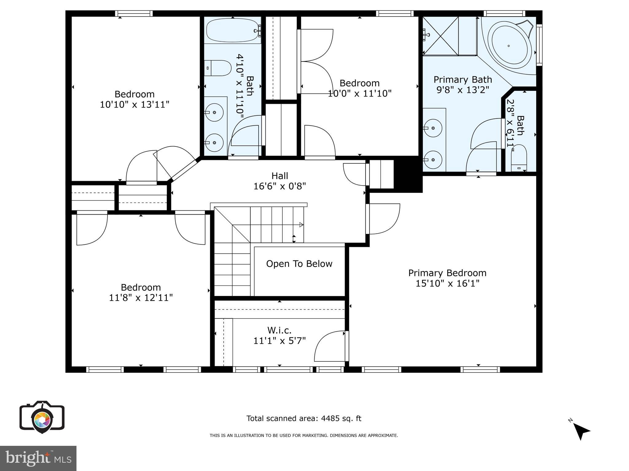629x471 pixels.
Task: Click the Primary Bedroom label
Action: pos(447,273)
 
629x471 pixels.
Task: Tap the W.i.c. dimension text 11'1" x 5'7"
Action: pos(279,341)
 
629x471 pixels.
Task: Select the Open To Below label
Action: pos(299,264)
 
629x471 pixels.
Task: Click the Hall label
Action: pos(280,176)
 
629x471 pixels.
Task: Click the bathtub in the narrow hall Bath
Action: pos(232,31)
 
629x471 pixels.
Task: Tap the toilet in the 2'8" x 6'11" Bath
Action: pos(519,158)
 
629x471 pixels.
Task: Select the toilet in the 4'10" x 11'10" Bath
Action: pos(217,68)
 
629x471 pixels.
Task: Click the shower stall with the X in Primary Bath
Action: pos(441,36)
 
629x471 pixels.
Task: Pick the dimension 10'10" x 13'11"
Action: pos(135,105)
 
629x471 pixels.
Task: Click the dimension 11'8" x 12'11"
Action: pos(141,298)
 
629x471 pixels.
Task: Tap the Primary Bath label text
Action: pos(463,80)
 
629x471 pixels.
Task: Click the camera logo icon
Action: pos(42,417)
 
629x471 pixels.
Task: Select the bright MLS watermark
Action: pos(38,458)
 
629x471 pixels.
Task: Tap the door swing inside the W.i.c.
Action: pos(330,347)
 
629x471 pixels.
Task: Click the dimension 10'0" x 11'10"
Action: pos(359,93)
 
